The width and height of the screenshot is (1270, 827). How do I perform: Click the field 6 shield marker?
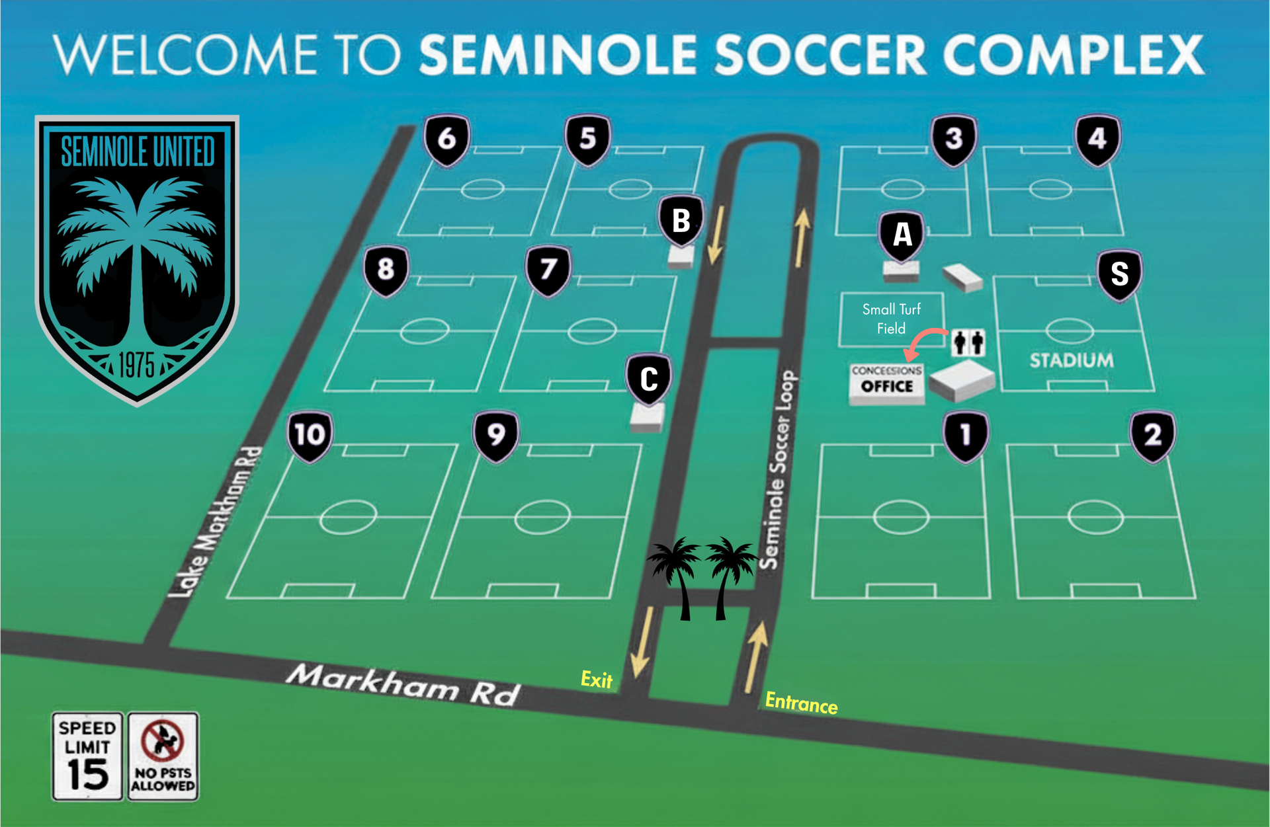tap(447, 139)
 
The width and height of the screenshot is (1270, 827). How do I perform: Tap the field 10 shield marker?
tap(310, 436)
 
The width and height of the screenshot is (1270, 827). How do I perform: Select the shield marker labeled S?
tap(1119, 274)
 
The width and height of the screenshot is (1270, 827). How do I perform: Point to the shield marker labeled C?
tap(649, 379)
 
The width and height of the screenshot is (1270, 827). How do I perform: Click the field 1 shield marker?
tap(966, 436)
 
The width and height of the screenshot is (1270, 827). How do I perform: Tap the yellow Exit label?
tap(596, 679)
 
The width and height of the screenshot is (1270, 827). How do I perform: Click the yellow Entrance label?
tap(801, 703)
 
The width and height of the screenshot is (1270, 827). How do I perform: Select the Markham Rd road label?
tap(403, 685)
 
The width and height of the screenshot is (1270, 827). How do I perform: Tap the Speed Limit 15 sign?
tap(87, 756)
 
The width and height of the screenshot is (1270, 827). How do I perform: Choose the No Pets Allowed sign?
tap(163, 756)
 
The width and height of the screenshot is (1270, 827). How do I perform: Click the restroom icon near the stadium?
tap(968, 342)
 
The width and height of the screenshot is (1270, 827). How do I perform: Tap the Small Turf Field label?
tap(891, 319)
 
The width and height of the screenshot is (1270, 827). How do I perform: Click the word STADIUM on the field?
tap(1072, 360)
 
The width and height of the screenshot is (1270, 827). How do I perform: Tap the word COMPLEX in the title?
tap(1073, 55)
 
